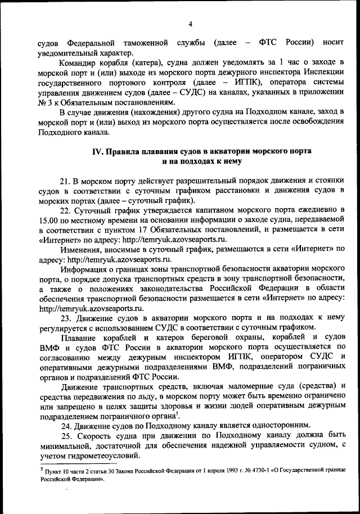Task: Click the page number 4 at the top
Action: click(x=190, y=24)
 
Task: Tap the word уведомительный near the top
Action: click(x=66, y=53)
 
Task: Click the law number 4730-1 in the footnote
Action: click(x=260, y=469)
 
